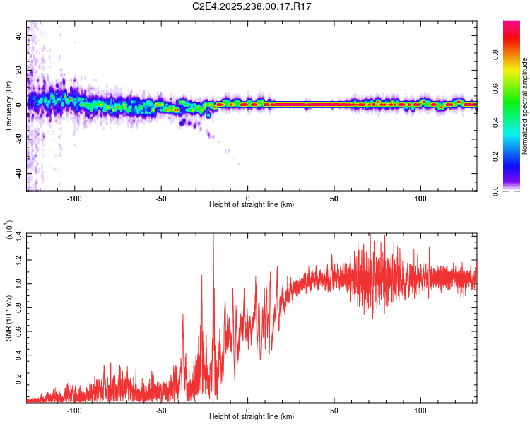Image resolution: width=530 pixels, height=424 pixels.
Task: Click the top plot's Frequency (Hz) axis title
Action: tap(9, 106)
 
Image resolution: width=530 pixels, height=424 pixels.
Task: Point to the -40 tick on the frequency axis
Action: tap(18, 174)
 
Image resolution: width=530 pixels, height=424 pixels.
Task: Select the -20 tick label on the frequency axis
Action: tap(18, 139)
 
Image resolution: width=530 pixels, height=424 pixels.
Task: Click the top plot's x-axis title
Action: tap(252, 204)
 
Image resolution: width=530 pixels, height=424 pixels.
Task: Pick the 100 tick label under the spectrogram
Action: tap(421, 197)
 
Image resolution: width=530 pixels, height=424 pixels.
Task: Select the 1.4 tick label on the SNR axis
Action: tap(20, 235)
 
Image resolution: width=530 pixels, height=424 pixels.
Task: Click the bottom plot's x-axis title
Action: tap(252, 416)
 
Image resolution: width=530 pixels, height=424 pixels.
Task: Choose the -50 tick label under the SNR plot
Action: tap(161, 409)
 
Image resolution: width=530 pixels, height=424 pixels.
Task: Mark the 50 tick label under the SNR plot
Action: tap(334, 409)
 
